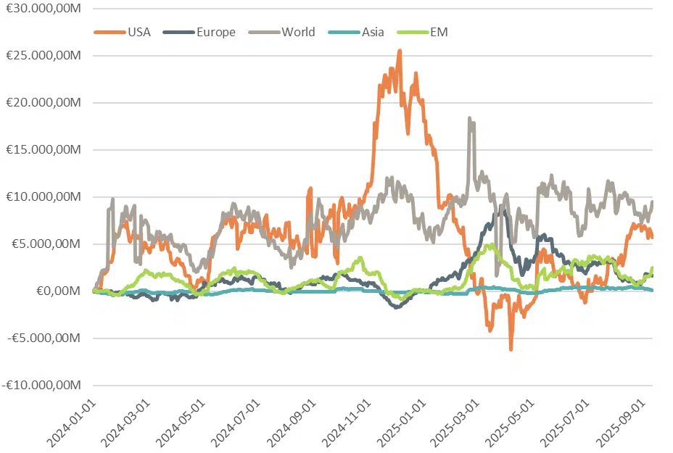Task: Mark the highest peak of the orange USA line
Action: click(x=400, y=51)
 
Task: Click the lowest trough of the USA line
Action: click(x=511, y=349)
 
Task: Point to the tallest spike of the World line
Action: click(x=470, y=117)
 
